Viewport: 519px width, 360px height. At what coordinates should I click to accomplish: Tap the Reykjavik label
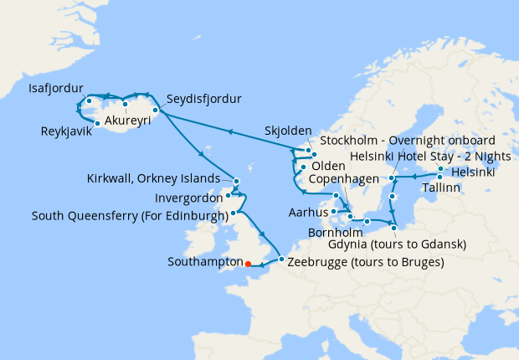pos(68,131)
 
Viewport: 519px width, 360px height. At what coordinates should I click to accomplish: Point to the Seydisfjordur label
pos(204,99)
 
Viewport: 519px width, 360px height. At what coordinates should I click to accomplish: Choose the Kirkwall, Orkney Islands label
pos(157,178)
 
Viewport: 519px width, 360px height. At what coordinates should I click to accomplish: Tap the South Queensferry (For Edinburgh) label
pos(129,216)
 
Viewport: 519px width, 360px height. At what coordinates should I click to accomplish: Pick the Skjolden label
pos(287,131)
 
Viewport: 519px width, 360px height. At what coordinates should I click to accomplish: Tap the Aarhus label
pos(305,213)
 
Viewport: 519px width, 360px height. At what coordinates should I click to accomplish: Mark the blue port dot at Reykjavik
pos(98,123)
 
